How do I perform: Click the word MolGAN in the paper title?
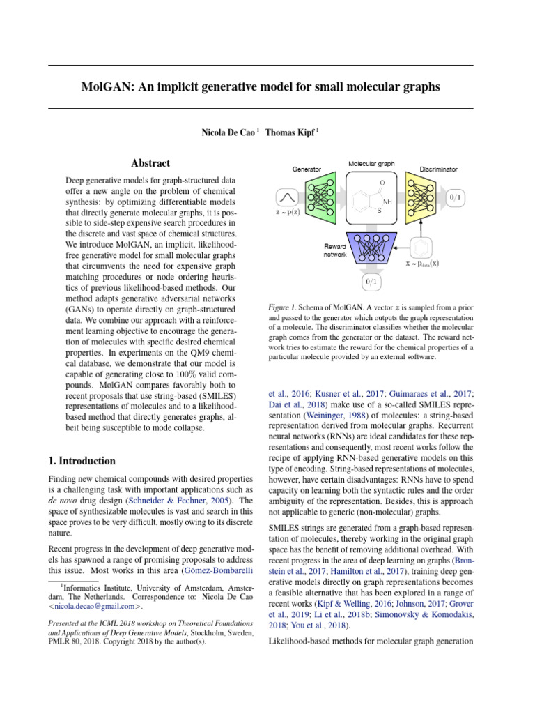point(107,87)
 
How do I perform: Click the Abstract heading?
point(150,163)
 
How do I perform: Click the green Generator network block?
point(321,197)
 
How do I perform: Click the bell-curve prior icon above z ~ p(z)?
point(288,197)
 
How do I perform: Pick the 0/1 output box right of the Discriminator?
point(455,197)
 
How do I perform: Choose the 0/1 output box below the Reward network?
point(371,282)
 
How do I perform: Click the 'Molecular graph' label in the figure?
point(371,164)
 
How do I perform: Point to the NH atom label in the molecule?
point(387,202)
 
